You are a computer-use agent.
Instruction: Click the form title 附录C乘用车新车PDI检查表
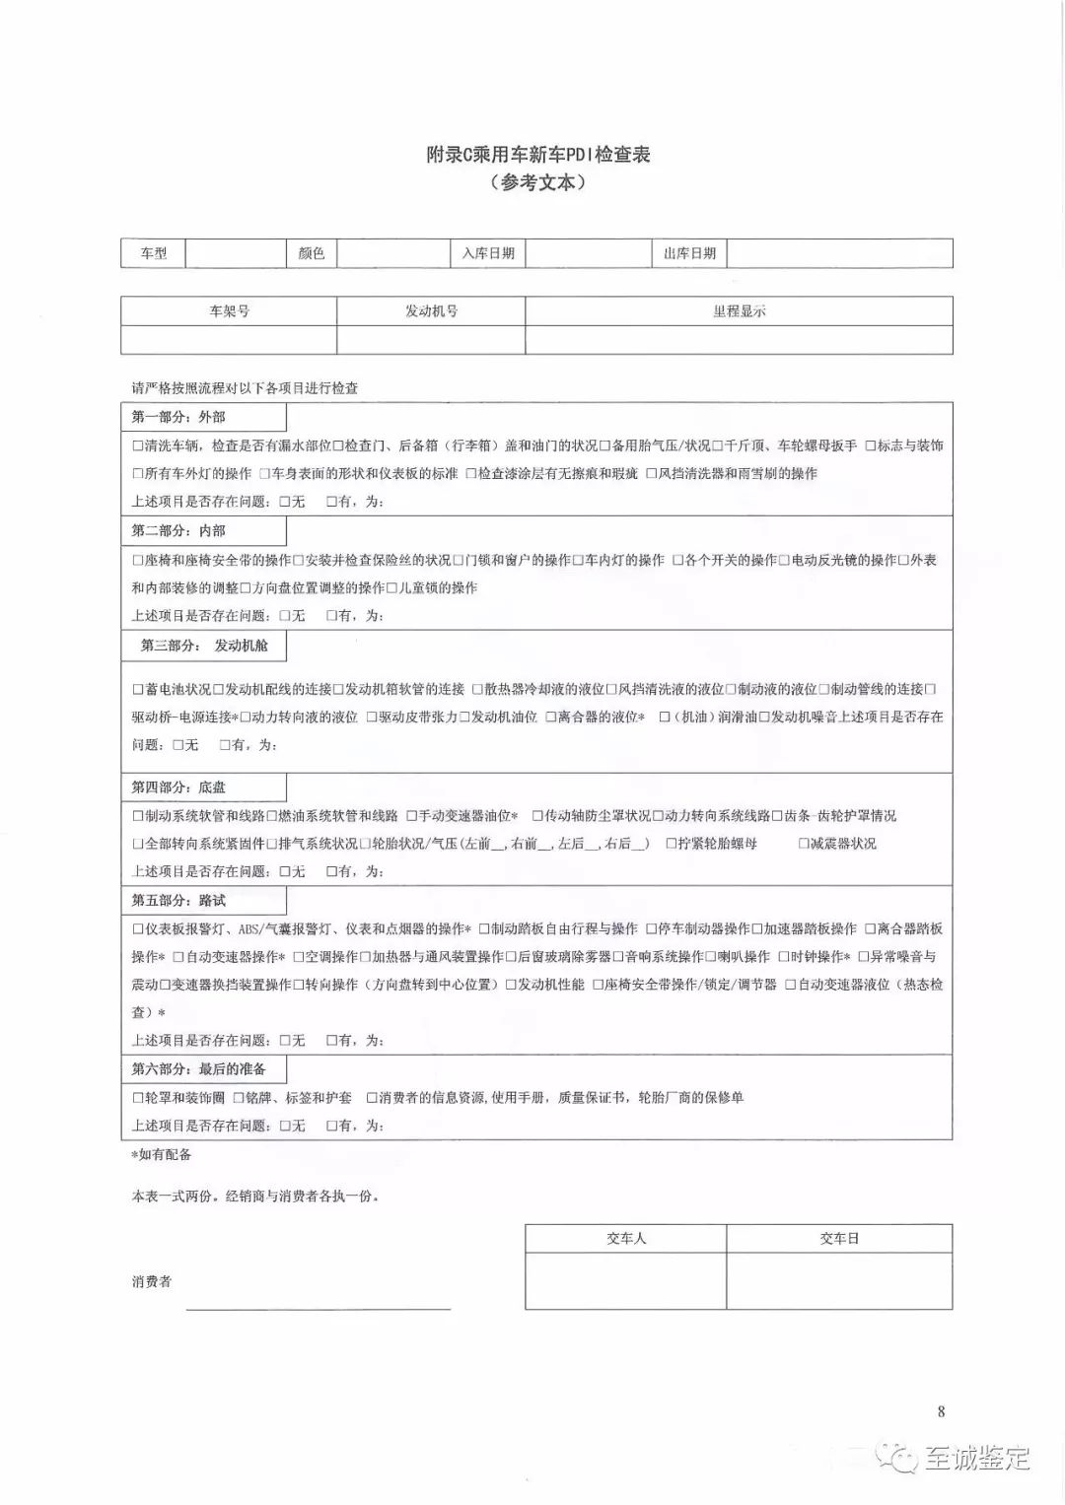click(x=537, y=155)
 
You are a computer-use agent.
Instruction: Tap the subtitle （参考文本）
click(x=537, y=182)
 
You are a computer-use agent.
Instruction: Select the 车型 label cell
click(x=154, y=253)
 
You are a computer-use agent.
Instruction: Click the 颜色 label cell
click(x=312, y=253)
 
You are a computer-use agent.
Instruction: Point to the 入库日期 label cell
click(x=488, y=253)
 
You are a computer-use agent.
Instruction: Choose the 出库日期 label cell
click(x=689, y=253)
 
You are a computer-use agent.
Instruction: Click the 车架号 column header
click(x=229, y=311)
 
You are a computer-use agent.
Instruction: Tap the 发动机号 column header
click(x=431, y=311)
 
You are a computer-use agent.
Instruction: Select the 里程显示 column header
click(x=739, y=311)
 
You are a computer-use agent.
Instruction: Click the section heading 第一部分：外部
click(x=178, y=417)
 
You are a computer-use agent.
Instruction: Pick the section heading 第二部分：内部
click(x=178, y=531)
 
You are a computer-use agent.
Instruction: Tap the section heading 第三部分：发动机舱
click(x=204, y=646)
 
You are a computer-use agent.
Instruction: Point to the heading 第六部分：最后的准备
click(x=198, y=1069)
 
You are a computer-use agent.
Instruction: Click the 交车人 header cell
click(x=626, y=1239)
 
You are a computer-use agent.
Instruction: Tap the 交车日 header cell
click(x=839, y=1239)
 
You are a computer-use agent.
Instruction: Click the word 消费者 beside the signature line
click(x=152, y=1282)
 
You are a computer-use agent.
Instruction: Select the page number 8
click(x=941, y=1411)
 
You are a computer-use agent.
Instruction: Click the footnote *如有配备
click(x=162, y=1154)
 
